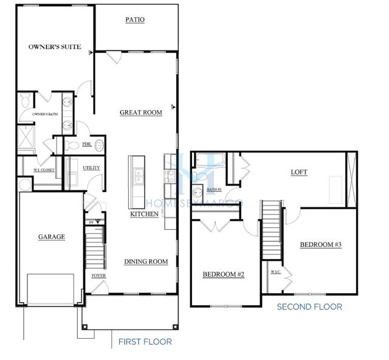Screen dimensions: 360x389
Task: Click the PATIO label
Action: [x=135, y=19]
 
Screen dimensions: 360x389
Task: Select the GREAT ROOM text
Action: [x=140, y=112]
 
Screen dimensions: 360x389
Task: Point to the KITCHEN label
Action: [x=145, y=214]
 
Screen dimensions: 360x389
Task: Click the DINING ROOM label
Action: [x=146, y=261]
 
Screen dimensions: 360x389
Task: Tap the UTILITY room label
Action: [x=91, y=168]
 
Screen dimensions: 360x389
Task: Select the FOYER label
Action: [x=98, y=275]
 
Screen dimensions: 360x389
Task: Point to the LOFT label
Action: [x=298, y=172]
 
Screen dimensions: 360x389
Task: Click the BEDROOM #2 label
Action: [x=223, y=275]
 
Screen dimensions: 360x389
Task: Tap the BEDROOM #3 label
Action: [x=321, y=244]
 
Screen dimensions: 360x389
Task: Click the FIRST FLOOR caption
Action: [x=145, y=342]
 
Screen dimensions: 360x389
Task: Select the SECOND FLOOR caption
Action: [x=309, y=306]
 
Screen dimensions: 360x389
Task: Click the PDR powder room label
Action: [x=86, y=144]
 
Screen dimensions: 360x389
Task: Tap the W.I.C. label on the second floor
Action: [x=275, y=271]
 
